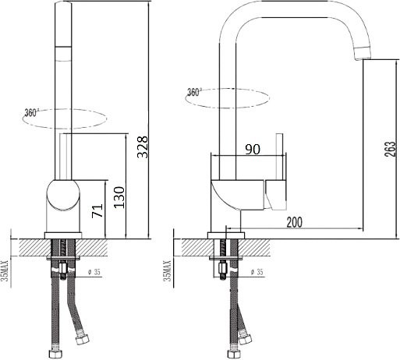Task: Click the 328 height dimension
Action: [x=143, y=147]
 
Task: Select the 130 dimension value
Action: [x=119, y=197]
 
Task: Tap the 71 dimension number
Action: [x=97, y=210]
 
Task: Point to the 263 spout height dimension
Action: [x=391, y=150]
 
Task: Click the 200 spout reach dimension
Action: [x=295, y=222]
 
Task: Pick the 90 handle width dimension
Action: [x=253, y=150]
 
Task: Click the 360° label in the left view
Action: [x=31, y=113]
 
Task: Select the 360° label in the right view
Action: [x=194, y=92]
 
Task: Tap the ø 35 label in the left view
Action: [x=94, y=272]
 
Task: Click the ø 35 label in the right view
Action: [x=257, y=272]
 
